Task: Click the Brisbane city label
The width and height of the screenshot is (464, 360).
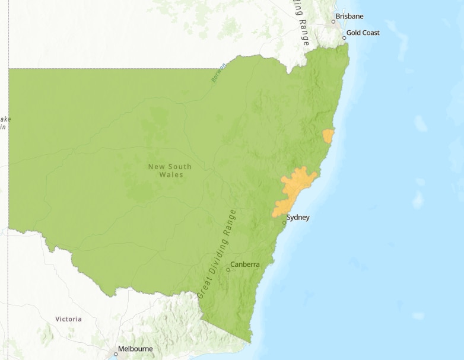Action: (x=349, y=16)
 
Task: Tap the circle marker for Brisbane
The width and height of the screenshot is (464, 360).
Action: (x=333, y=21)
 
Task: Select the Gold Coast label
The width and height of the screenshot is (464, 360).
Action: (x=363, y=33)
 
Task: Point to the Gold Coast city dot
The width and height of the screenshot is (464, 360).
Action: (x=344, y=38)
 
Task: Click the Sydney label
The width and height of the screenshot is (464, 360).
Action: (x=298, y=218)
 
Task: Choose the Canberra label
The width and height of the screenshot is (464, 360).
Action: (x=245, y=264)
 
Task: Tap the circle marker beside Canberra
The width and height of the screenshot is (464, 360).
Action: (x=228, y=270)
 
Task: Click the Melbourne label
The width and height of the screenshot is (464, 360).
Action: (x=135, y=349)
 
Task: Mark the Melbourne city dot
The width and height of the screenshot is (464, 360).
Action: (x=116, y=354)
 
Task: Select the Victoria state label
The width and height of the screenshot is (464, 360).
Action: (x=68, y=319)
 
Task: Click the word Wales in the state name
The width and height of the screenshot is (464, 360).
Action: (x=171, y=175)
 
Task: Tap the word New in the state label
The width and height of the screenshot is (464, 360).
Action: (x=155, y=167)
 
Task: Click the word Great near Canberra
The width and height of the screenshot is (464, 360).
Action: (x=203, y=287)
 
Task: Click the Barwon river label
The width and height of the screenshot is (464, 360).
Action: (x=218, y=73)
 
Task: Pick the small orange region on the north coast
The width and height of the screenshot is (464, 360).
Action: (x=328, y=136)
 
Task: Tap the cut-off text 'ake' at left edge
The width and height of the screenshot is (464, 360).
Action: (x=5, y=119)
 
